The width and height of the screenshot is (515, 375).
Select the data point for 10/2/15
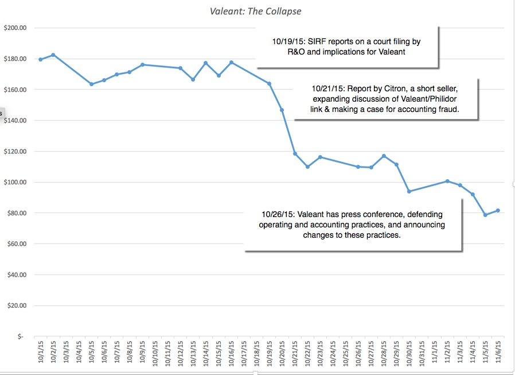[53, 55]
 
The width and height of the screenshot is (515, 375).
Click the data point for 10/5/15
[91, 84]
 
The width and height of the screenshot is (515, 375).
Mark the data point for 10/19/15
[269, 84]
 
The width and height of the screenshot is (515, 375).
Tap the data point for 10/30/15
[409, 191]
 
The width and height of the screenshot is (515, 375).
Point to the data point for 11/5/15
[485, 215]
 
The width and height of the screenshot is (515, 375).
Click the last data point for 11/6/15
[498, 210]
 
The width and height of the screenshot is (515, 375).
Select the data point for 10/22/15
[307, 167]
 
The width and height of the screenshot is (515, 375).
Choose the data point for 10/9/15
[142, 65]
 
